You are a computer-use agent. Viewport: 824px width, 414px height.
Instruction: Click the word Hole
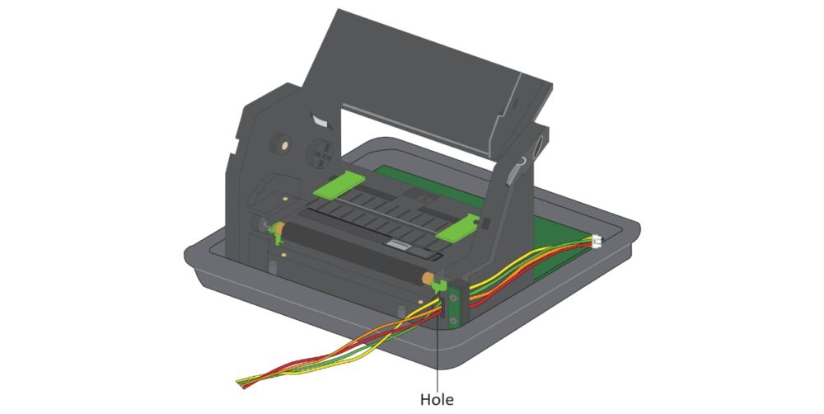[437, 399]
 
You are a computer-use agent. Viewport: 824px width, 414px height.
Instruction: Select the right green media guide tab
[459, 228]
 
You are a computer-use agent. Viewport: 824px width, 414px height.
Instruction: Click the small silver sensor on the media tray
[398, 245]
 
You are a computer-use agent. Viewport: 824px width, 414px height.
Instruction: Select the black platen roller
[354, 247]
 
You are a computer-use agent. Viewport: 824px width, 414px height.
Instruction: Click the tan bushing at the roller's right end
[428, 279]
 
